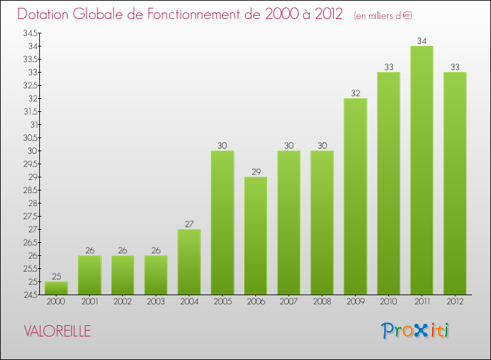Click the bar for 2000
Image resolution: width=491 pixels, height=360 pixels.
56,288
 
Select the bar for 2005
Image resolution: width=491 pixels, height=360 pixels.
223,223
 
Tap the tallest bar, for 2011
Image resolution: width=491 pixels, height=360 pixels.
422,170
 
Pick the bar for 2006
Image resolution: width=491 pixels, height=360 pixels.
255,236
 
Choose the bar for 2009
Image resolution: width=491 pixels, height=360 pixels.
355,196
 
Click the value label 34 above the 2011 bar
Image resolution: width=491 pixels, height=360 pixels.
422,41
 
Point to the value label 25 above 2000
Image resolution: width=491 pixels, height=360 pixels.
56,276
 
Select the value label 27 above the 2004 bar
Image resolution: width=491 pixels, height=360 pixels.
189,224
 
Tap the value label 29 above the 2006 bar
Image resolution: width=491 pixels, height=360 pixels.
255,171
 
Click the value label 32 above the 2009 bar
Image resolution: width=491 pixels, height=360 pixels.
355,93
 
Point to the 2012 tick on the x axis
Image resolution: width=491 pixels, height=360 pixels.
455,302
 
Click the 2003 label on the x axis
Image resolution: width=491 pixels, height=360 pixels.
156,302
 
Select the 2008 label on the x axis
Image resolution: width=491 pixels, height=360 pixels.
322,302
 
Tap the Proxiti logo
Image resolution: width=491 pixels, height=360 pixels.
416,331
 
